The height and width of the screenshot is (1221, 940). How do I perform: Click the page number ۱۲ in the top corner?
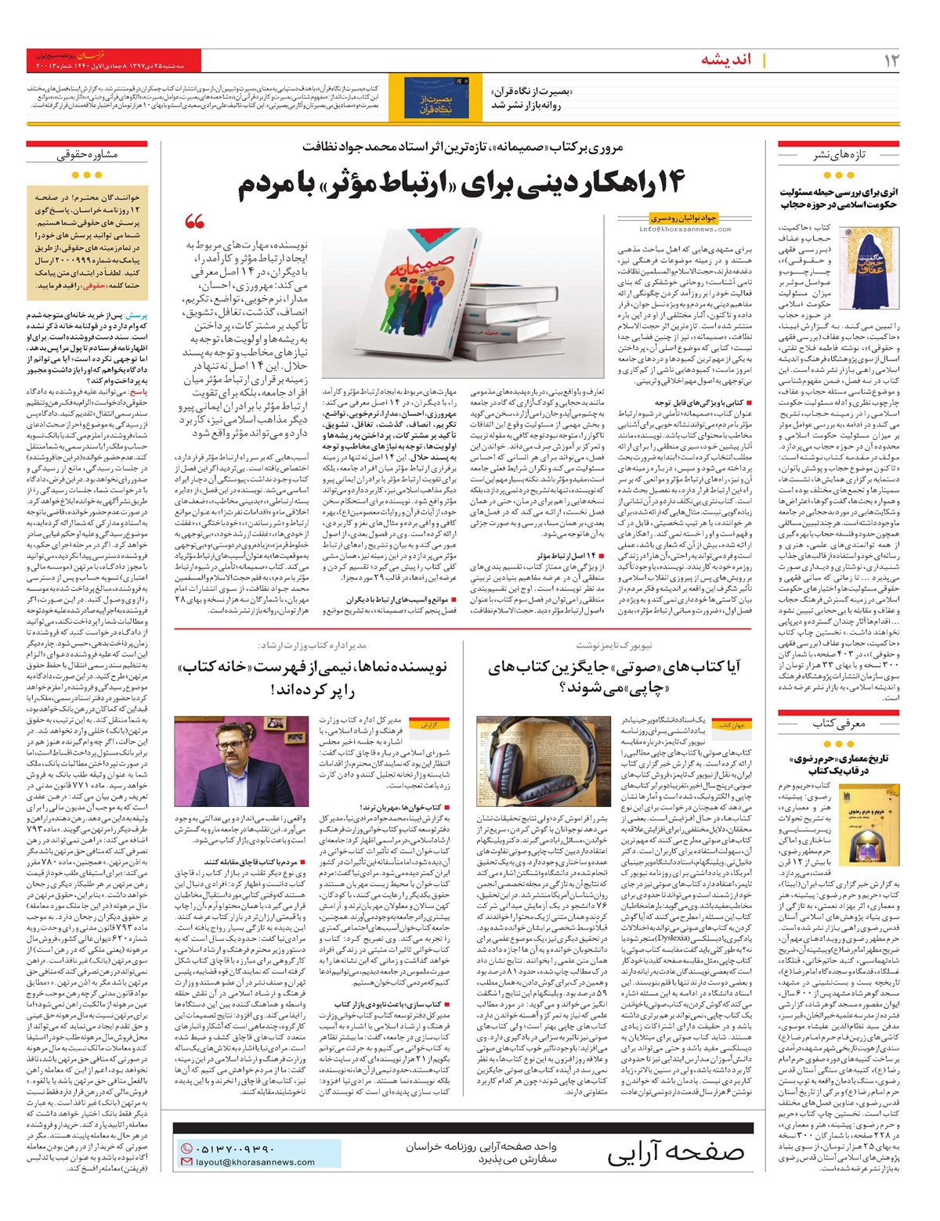click(x=891, y=59)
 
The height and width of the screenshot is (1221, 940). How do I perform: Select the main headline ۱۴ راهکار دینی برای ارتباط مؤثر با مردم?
click(x=461, y=183)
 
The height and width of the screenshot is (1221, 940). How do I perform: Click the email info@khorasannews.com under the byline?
click(x=685, y=229)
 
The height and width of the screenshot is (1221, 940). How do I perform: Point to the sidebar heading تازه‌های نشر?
click(x=838, y=155)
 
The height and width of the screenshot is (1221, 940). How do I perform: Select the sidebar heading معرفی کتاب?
click(x=838, y=723)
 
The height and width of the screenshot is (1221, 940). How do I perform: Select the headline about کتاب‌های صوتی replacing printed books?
click(x=613, y=675)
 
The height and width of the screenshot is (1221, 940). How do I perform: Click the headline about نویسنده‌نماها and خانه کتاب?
click(x=312, y=677)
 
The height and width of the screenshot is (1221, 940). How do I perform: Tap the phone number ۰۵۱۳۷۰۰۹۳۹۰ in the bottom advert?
click(x=235, y=1148)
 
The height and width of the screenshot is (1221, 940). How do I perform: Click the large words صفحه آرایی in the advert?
click(x=675, y=1153)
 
